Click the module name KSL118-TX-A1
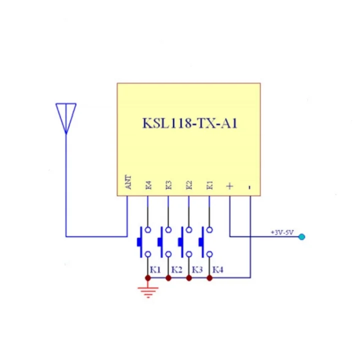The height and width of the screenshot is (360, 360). click(x=189, y=123)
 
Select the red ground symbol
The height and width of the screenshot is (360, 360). click(x=148, y=291)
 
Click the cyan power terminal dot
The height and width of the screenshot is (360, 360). click(x=301, y=236)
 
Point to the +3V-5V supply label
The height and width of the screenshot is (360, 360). click(x=282, y=232)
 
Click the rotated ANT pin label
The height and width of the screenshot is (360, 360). click(x=128, y=182)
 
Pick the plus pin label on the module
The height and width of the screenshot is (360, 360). click(x=229, y=186)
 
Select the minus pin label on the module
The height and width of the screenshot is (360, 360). click(x=249, y=187)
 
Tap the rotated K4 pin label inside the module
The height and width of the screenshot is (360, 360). click(x=148, y=185)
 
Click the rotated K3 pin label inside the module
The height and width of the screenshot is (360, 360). click(x=168, y=185)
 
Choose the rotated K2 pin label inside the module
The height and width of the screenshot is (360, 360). click(x=189, y=185)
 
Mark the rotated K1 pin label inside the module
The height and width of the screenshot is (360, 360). click(x=209, y=185)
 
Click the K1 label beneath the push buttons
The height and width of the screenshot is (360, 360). click(x=155, y=269)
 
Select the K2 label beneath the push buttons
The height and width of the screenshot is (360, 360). click(x=176, y=269)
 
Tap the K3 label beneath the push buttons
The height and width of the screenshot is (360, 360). click(x=196, y=269)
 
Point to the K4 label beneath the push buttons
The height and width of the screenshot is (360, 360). click(x=217, y=269)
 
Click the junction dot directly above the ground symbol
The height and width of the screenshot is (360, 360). click(x=148, y=277)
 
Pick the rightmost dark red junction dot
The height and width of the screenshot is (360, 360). click(x=209, y=277)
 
